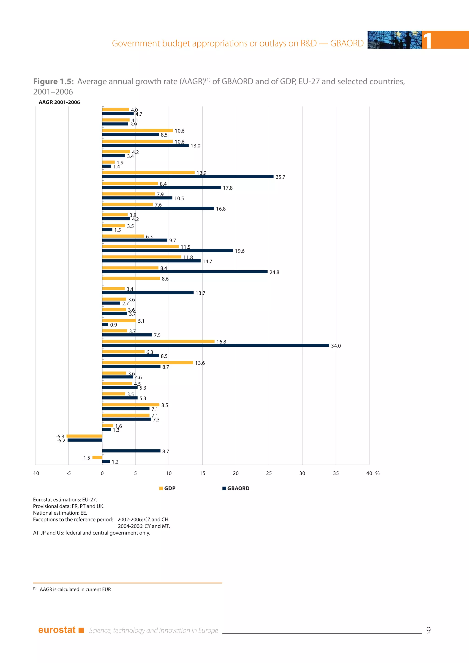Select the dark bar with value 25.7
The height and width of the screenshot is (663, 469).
(188, 177)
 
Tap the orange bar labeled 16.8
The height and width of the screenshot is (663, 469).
(158, 341)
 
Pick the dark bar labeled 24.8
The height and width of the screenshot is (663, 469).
(185, 272)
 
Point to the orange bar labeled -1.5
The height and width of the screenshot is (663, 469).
(97, 457)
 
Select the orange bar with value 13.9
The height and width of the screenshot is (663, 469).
(148, 172)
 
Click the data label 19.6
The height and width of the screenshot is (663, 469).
(239, 251)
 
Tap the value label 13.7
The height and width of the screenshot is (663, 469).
(200, 293)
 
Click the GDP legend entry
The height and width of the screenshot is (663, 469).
(167, 488)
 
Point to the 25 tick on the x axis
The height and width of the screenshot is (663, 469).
(269, 473)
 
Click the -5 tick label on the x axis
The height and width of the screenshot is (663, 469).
(68, 473)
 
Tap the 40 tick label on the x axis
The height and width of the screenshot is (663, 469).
(369, 473)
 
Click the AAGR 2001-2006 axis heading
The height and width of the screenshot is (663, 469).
(59, 102)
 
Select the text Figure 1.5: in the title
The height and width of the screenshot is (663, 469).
(53, 82)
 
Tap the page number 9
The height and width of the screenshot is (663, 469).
(428, 630)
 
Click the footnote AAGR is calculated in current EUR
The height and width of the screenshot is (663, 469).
(75, 589)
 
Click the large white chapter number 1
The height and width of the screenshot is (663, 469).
(427, 41)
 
